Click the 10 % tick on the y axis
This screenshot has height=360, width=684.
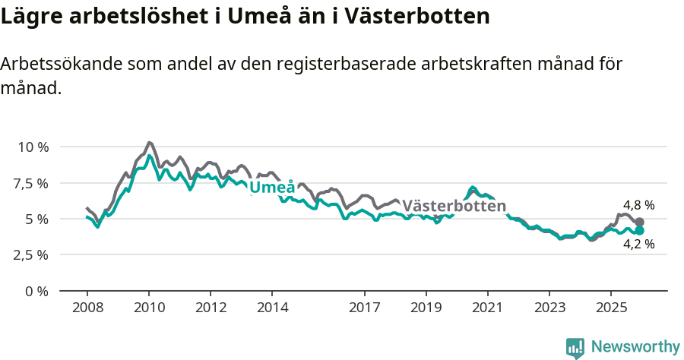click(x=31, y=147)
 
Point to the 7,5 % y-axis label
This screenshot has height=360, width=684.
click(x=31, y=183)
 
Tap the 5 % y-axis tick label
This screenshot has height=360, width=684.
click(x=36, y=219)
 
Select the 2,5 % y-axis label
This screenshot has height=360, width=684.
click(x=31, y=254)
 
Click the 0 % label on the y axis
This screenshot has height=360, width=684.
click(x=36, y=291)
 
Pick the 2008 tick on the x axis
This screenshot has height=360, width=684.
click(x=87, y=308)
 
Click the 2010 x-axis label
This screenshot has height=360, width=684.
click(x=148, y=308)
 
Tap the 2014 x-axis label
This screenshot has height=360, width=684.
click(x=272, y=308)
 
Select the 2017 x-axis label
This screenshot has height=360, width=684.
click(x=364, y=308)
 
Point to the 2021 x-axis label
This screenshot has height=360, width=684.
click(x=487, y=308)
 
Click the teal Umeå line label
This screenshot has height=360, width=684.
click(x=272, y=188)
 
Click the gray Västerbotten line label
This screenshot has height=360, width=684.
click(x=454, y=206)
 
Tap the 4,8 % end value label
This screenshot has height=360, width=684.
click(x=638, y=205)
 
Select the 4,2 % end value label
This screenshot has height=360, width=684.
click(x=638, y=245)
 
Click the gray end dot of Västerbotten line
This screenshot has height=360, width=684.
click(x=639, y=222)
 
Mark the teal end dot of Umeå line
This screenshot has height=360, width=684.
click(x=639, y=230)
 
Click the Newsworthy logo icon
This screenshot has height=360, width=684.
click(x=575, y=348)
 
